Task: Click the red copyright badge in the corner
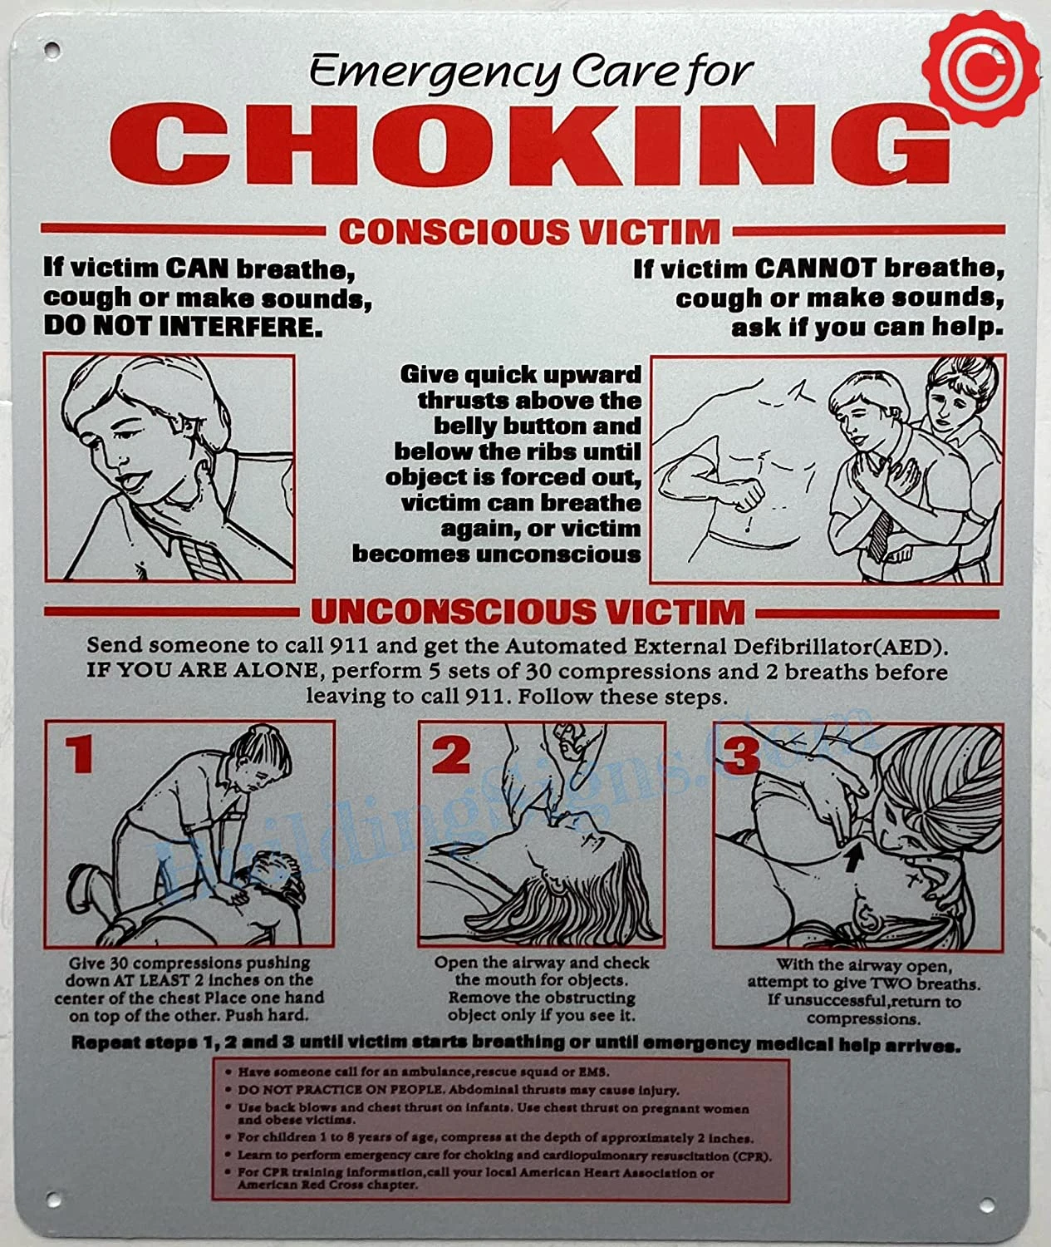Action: pyautogui.click(x=980, y=67)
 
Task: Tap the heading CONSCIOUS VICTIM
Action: pyautogui.click(x=529, y=232)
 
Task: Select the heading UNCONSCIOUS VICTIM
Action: pyautogui.click(x=528, y=612)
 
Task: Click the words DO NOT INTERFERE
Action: pyautogui.click(x=183, y=326)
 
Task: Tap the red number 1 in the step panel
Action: pyautogui.click(x=79, y=754)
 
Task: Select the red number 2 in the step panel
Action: pyautogui.click(x=451, y=755)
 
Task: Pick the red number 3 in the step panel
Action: pyautogui.click(x=740, y=754)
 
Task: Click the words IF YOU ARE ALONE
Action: pyautogui.click(x=202, y=670)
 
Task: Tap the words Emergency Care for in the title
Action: pyautogui.click(x=531, y=71)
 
